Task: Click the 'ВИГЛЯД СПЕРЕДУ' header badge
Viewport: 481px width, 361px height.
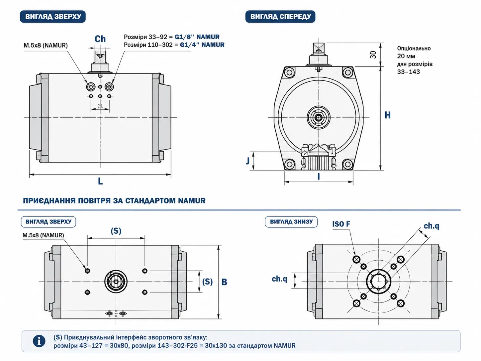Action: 280,17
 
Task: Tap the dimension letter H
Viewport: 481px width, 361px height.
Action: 387,115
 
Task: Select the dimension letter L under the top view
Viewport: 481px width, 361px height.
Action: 100,181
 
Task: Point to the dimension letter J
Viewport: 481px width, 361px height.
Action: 247,161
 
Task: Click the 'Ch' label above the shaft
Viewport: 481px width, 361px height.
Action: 100,39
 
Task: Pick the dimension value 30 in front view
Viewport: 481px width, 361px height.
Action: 373,55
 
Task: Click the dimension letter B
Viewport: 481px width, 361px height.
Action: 224,282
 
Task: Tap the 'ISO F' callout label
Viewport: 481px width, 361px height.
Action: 341,224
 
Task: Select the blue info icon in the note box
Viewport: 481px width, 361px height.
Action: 39,341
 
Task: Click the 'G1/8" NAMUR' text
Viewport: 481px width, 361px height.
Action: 197,37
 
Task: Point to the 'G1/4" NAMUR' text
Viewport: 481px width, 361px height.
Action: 202,45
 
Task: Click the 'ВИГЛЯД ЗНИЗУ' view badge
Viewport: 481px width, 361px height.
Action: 291,222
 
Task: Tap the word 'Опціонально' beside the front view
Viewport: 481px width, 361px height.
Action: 414,49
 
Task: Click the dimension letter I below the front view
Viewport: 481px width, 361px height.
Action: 319,176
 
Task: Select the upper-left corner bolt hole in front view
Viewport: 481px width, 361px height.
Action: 289,72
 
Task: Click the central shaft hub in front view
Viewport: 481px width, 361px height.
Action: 319,117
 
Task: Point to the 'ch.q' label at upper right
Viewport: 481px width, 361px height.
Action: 431,226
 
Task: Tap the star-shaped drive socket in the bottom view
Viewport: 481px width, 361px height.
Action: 379,282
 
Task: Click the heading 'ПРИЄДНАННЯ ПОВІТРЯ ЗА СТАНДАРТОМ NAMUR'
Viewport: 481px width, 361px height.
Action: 114,200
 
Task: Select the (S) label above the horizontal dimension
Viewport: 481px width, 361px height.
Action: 116,231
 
